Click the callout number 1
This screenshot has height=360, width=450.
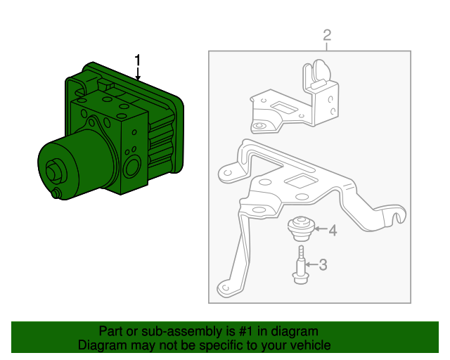(138, 60)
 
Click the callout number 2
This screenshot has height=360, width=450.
(327, 35)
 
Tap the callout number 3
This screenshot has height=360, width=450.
(323, 264)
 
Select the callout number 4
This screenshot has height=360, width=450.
(333, 230)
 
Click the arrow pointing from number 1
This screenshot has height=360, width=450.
(138, 74)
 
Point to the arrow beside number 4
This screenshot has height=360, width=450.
(321, 229)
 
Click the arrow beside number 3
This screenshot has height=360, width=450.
(311, 264)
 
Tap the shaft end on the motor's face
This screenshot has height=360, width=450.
(55, 172)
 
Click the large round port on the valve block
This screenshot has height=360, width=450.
(132, 167)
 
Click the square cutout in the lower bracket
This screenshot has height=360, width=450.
(301, 181)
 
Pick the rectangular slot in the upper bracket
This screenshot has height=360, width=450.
(283, 108)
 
